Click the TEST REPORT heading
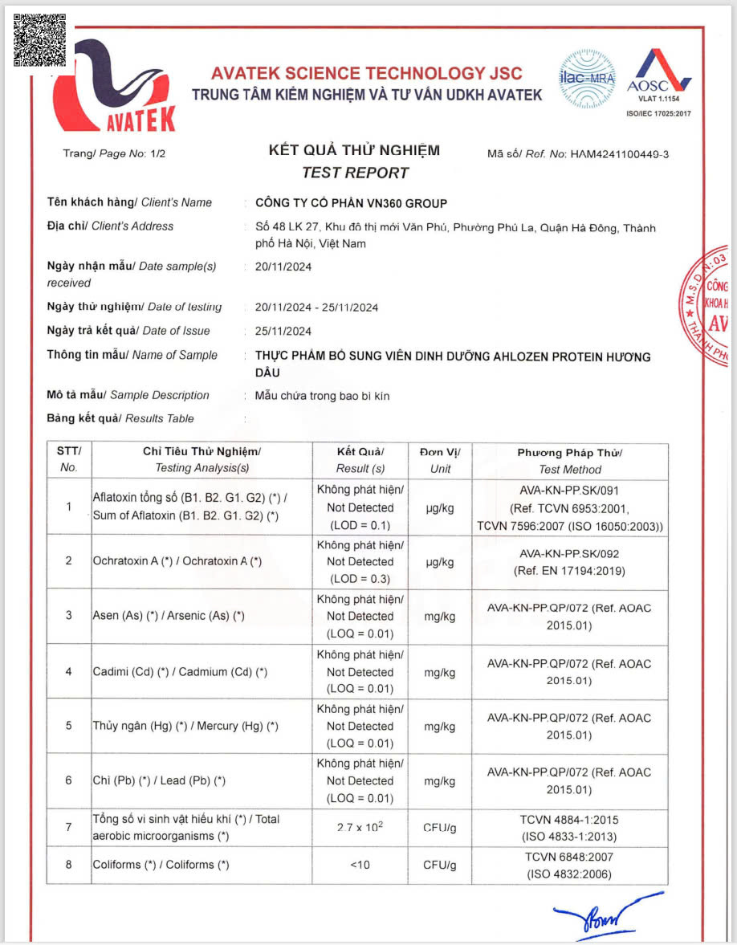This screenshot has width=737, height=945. [x=355, y=173]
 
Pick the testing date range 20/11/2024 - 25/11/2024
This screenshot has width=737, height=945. [x=316, y=308]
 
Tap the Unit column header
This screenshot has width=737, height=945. [x=440, y=461]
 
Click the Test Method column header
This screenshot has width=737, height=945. [x=570, y=461]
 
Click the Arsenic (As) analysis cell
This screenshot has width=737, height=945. [x=169, y=616]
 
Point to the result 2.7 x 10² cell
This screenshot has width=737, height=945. [x=360, y=828]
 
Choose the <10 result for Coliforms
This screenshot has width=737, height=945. [x=360, y=865]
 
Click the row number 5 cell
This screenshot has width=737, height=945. [x=69, y=726]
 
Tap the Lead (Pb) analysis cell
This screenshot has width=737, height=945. [x=159, y=780]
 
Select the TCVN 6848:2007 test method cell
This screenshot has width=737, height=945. [x=570, y=865]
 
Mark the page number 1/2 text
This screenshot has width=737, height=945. [x=114, y=154]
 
